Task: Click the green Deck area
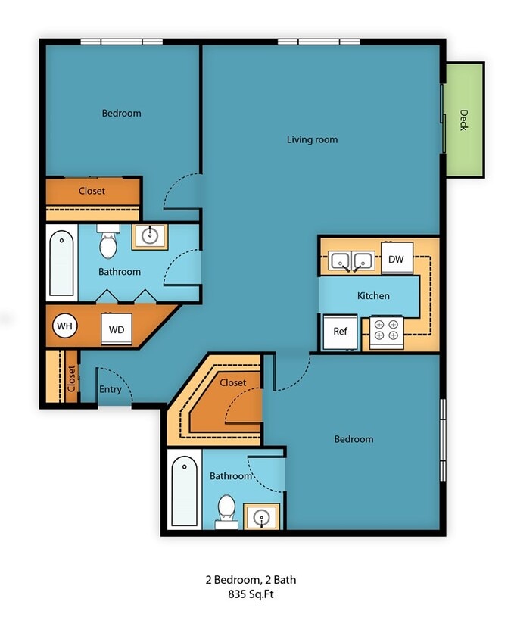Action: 464,120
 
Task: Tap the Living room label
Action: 312,139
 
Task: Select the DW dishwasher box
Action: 397,259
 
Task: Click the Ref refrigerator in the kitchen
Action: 340,332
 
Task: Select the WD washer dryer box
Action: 116,329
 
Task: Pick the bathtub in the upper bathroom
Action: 62,263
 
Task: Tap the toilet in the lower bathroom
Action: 226,509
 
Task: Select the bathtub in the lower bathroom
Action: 185,490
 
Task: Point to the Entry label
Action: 110,389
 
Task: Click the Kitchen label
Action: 373,295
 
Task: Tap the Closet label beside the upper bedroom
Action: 92,191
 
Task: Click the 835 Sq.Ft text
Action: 251,595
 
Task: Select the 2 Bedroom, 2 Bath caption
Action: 251,580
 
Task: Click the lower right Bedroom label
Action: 354,439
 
